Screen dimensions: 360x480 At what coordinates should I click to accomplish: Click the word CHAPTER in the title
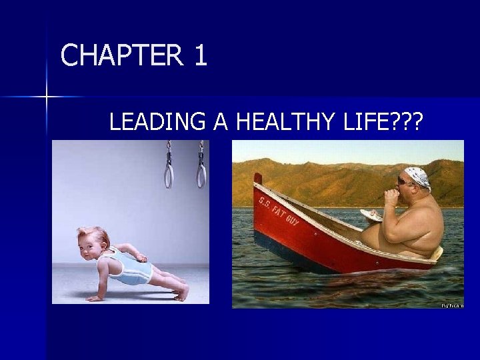click(x=120, y=55)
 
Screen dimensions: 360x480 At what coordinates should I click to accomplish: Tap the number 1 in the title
click(x=201, y=55)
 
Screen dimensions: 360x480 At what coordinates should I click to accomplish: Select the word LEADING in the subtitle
click(x=157, y=122)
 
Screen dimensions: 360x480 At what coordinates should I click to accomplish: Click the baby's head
click(x=93, y=242)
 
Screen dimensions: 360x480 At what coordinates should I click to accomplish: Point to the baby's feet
click(x=181, y=291)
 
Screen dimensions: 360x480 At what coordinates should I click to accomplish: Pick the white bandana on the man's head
click(x=419, y=177)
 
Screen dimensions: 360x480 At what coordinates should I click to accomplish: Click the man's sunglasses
click(x=405, y=181)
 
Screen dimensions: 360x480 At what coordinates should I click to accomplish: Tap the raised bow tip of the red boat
click(x=258, y=178)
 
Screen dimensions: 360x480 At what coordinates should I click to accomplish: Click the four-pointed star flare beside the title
click(x=47, y=97)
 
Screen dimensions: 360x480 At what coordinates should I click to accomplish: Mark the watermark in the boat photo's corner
click(x=451, y=305)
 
